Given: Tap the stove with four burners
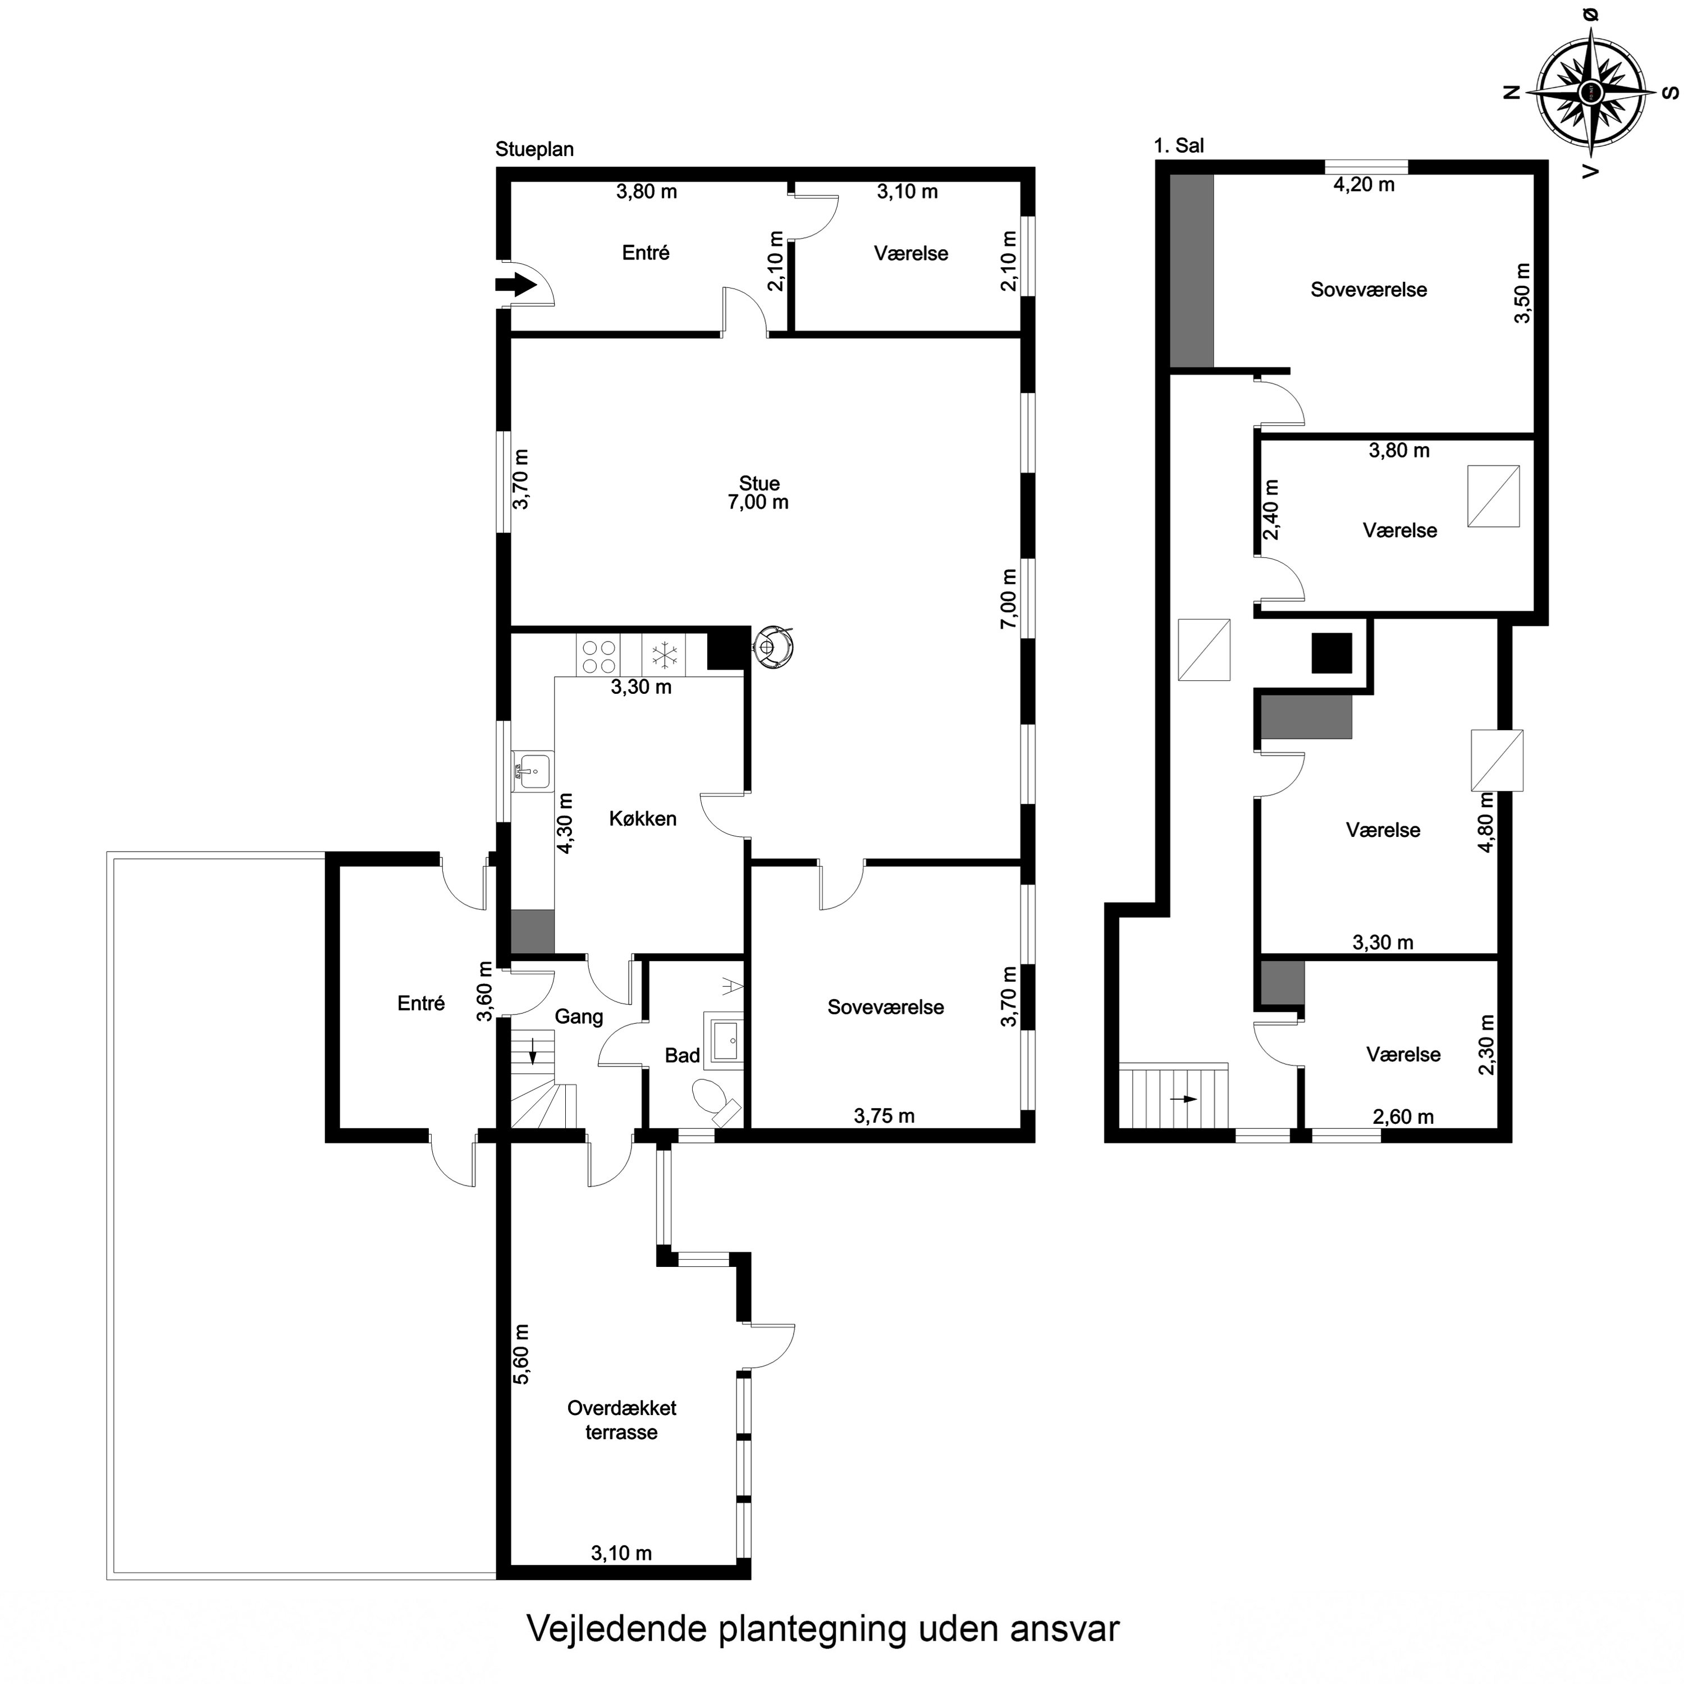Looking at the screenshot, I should [x=598, y=656].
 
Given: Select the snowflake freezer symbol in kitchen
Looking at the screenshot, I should [x=664, y=655].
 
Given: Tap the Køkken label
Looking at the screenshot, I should [x=642, y=818].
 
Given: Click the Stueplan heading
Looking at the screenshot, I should [x=534, y=149].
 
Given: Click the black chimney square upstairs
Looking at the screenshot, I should [x=1332, y=653].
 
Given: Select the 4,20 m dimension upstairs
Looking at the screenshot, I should [x=1364, y=185].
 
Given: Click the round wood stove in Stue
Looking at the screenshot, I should [x=771, y=647].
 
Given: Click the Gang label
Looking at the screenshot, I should [x=579, y=1017].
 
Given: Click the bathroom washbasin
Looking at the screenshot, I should [x=724, y=1040].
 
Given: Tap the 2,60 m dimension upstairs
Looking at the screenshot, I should [x=1402, y=1116].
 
